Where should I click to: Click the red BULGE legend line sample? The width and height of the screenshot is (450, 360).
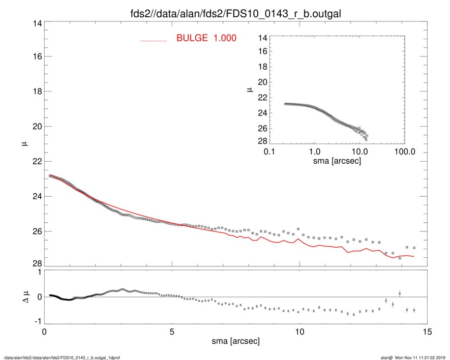[x=154, y=40]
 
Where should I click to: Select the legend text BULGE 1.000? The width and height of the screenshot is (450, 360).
[x=206, y=38]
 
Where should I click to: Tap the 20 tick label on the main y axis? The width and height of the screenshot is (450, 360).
[x=35, y=127]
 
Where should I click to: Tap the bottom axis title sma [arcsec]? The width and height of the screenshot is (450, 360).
[x=235, y=341]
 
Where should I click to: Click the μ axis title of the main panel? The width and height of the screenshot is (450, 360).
[x=23, y=144]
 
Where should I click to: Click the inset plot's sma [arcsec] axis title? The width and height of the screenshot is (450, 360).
[x=337, y=161]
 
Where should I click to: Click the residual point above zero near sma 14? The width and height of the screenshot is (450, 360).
[x=400, y=293]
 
